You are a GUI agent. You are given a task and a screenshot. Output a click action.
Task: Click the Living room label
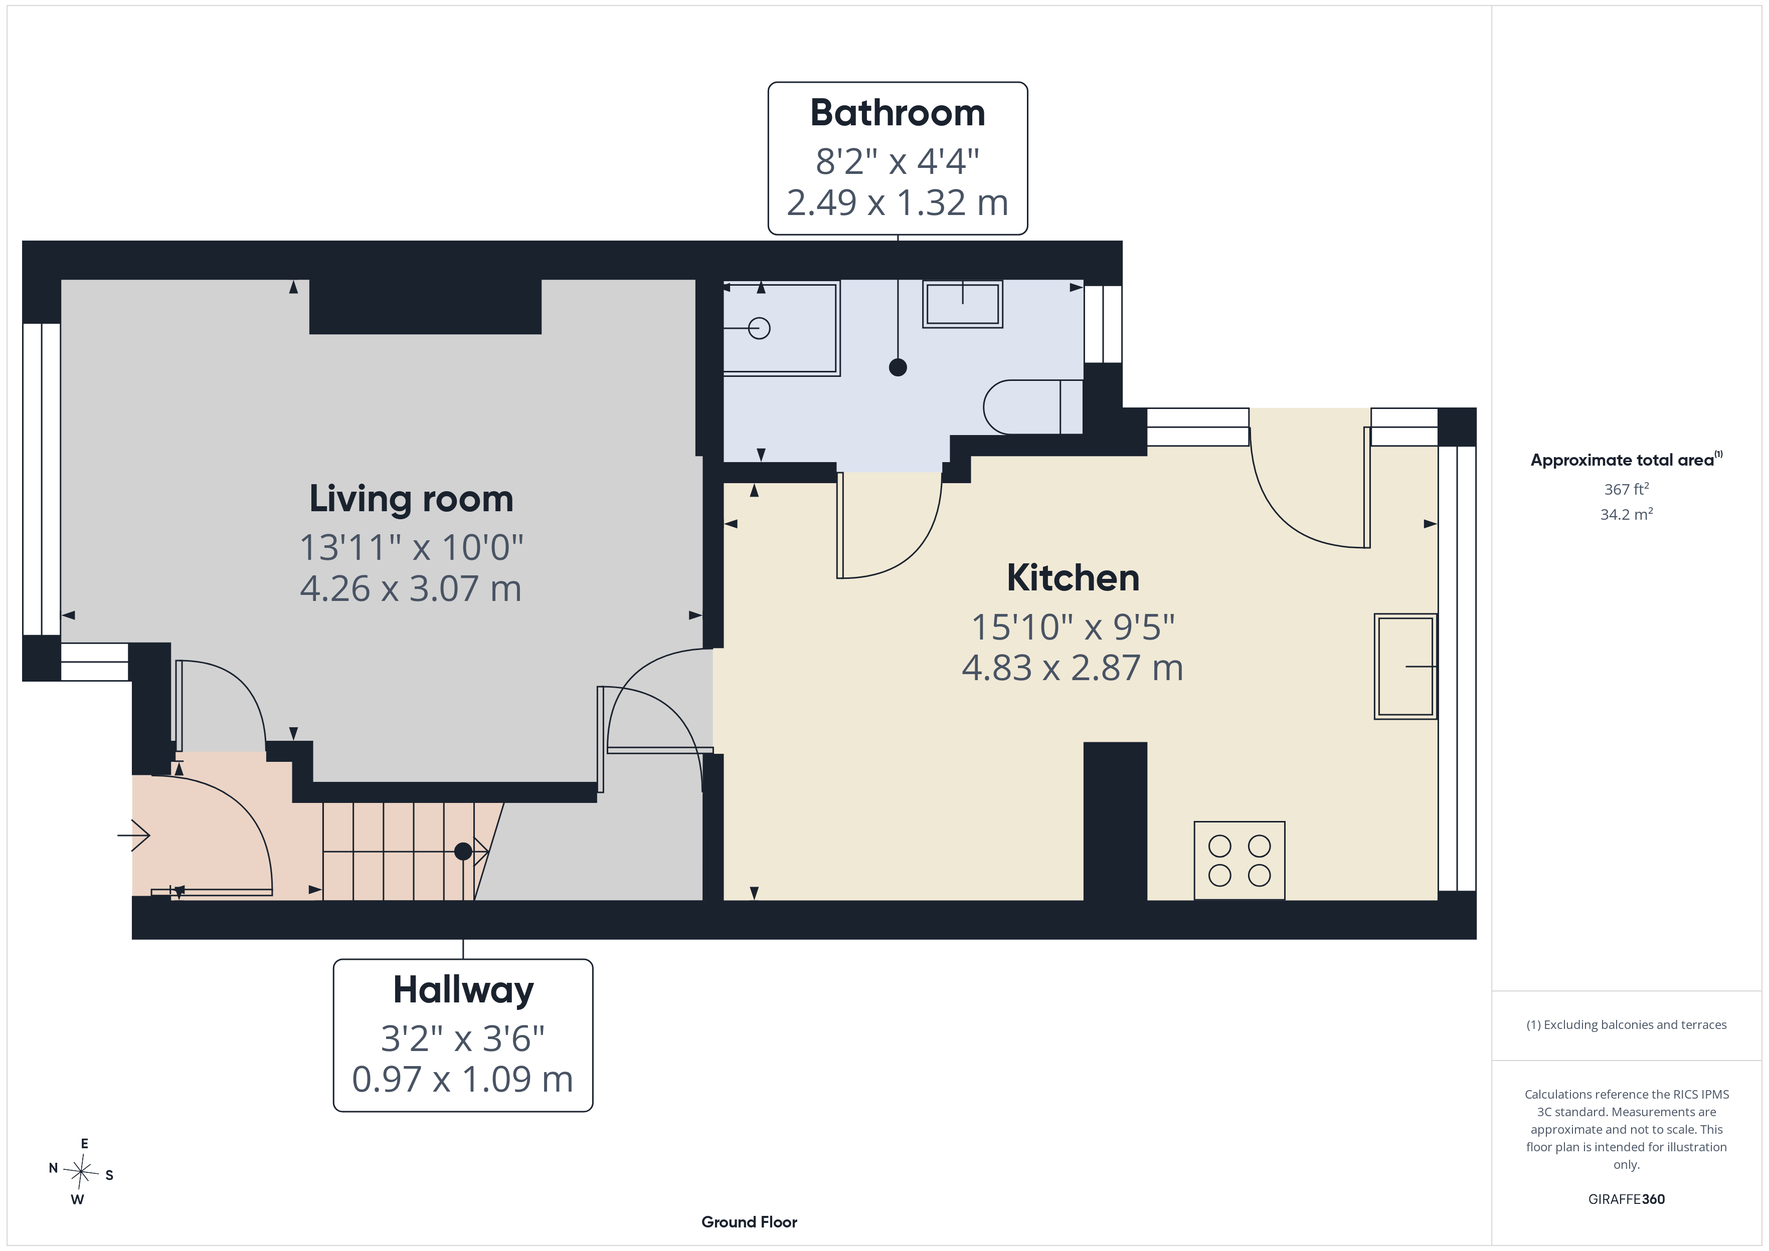point(412,499)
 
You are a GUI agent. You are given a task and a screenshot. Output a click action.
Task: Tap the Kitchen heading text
point(1073,578)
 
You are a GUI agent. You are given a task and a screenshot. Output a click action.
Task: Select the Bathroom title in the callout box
point(898,113)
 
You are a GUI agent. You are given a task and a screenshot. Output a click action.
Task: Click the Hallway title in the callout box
point(463,991)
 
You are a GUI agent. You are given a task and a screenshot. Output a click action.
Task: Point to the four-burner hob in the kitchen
point(1239,861)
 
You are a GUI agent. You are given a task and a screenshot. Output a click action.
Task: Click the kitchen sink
point(1405,666)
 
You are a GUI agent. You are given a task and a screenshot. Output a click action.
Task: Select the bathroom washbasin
point(962,304)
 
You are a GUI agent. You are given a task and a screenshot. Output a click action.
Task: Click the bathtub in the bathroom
point(781,328)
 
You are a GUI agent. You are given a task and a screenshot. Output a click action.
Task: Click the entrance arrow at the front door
point(133,835)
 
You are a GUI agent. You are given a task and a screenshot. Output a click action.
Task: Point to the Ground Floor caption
point(749,1222)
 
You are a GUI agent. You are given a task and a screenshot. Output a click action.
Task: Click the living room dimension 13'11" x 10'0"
point(412,548)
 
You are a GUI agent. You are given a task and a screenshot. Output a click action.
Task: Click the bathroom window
point(1103,324)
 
